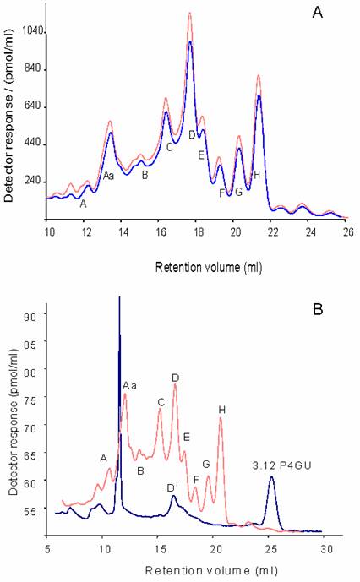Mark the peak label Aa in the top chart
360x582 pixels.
108,176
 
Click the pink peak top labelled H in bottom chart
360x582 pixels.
221,420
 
